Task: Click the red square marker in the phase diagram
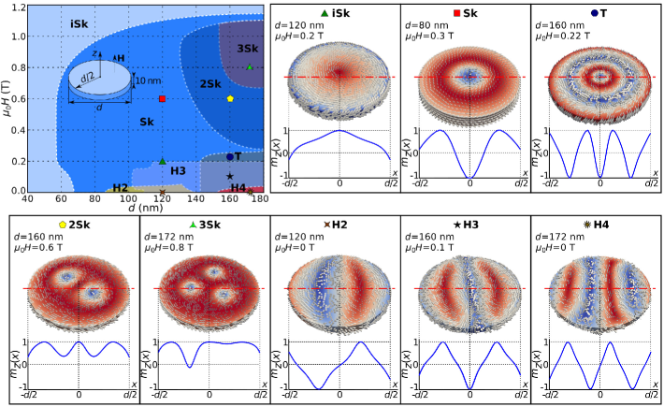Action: click(163, 98)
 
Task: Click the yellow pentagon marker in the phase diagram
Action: click(230, 98)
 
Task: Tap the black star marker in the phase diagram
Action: click(230, 176)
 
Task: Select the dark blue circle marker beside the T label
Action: click(230, 157)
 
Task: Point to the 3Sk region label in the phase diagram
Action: click(248, 48)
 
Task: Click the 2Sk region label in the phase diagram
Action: click(210, 84)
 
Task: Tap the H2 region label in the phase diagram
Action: click(121, 187)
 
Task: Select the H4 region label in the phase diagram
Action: click(238, 187)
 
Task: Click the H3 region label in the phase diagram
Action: click(178, 170)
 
